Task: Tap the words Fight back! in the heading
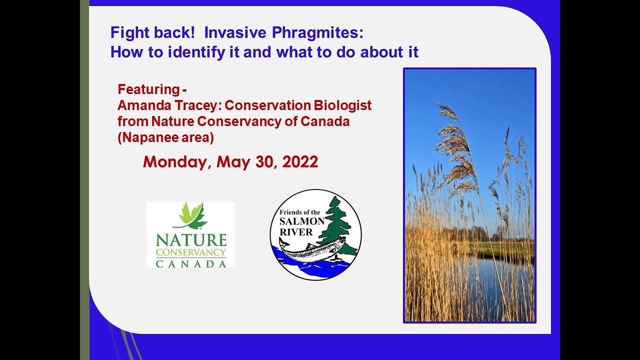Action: click(x=153, y=33)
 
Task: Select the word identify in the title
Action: click(x=189, y=52)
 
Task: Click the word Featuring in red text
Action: click(x=148, y=90)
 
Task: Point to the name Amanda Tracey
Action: click(x=160, y=105)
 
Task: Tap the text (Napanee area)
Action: click(x=165, y=137)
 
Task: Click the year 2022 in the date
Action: click(x=299, y=162)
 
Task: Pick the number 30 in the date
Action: click(x=266, y=162)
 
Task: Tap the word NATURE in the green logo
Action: click(x=191, y=240)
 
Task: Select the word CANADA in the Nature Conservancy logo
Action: click(x=191, y=263)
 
